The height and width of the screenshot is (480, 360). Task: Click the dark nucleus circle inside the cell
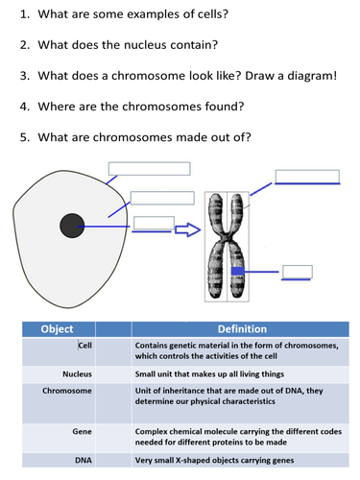pos(73,227)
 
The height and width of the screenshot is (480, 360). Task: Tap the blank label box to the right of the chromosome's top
pos(307,176)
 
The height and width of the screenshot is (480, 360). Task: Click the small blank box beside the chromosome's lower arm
pos(298,271)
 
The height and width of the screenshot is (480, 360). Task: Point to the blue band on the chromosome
pos(237,273)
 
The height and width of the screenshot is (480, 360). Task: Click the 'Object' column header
pos(57,328)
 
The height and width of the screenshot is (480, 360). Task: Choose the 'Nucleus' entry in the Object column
pos(77,373)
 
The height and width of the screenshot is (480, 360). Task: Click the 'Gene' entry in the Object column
pos(82,433)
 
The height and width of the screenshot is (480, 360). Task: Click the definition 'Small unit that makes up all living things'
pos(207,373)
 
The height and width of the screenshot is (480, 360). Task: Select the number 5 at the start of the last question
pos(24,136)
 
